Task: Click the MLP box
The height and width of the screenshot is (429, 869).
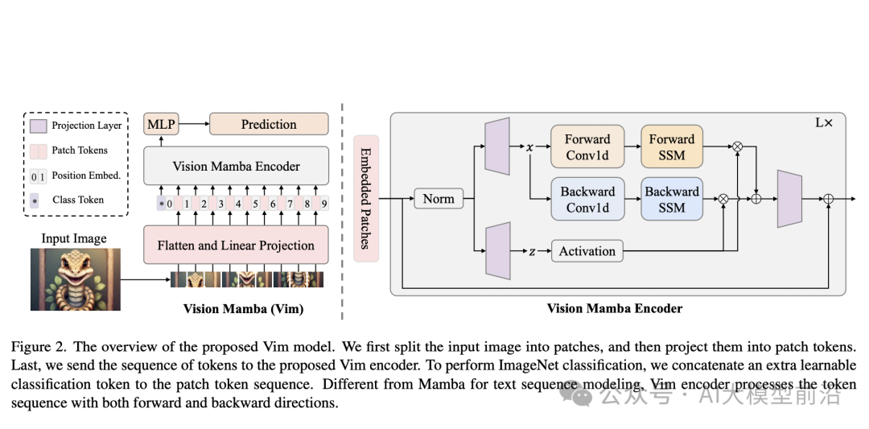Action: click(x=160, y=125)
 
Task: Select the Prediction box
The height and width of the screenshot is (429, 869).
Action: click(x=269, y=125)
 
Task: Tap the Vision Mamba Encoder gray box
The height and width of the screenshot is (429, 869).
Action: click(x=236, y=167)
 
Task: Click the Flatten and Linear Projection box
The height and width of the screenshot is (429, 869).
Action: click(x=236, y=245)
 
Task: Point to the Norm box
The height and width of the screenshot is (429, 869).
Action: click(x=439, y=199)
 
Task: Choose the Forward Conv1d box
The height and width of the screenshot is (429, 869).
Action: click(x=587, y=147)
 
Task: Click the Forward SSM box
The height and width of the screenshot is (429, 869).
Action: click(x=672, y=147)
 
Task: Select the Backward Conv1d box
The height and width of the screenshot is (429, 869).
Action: click(x=587, y=200)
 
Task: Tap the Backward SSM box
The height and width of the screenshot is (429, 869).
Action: click(x=672, y=200)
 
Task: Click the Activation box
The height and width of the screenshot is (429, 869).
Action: click(x=587, y=251)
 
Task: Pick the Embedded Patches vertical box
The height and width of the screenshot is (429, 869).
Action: click(x=365, y=198)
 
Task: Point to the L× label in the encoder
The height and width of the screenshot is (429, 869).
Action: click(x=824, y=123)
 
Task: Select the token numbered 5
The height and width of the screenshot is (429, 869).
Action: click(x=256, y=204)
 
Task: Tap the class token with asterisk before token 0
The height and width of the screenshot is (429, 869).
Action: click(x=162, y=204)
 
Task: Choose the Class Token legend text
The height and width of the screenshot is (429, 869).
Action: click(x=78, y=200)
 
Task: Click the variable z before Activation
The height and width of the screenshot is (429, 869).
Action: click(x=532, y=251)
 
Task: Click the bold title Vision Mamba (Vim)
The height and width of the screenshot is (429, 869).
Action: click(x=243, y=308)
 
